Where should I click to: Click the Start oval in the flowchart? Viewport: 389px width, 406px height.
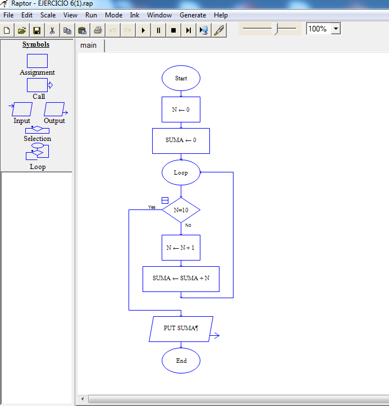(x=181, y=79)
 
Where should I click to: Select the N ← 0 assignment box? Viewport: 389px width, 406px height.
(x=181, y=110)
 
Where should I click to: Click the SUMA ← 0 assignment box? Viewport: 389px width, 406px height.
(x=181, y=140)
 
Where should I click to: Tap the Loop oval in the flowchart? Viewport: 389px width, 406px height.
(x=181, y=172)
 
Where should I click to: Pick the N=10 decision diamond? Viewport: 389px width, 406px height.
(x=181, y=210)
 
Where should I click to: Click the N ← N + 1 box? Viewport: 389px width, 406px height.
(x=181, y=248)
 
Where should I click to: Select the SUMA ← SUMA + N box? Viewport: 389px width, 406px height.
(x=181, y=279)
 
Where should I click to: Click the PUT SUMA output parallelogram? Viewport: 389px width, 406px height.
(x=181, y=329)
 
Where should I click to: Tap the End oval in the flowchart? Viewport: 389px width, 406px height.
(x=181, y=361)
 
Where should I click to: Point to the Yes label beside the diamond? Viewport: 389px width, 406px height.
(x=152, y=207)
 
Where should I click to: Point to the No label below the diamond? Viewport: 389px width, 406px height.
(x=188, y=225)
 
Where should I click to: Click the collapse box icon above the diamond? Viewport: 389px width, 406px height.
(x=165, y=200)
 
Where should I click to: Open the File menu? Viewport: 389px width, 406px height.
(x=8, y=15)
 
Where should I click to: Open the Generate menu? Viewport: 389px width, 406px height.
(x=193, y=15)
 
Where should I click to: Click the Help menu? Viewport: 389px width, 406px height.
(x=221, y=15)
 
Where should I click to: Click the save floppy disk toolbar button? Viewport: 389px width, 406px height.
(x=36, y=30)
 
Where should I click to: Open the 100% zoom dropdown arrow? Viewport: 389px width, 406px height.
(x=336, y=29)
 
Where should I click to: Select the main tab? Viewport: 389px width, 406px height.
(x=89, y=45)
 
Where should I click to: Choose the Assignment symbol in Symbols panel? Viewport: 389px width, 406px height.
(x=37, y=61)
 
